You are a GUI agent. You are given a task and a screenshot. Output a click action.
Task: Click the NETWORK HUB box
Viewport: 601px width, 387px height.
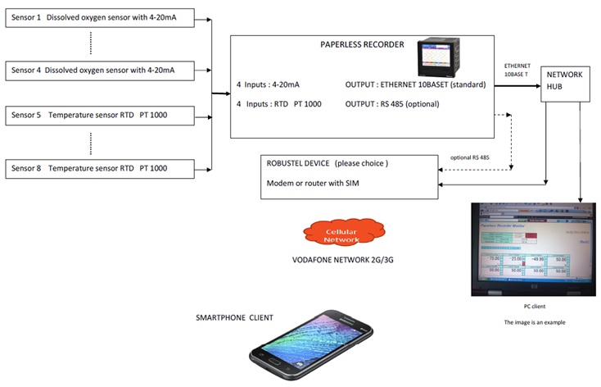pyautogui.click(x=564, y=84)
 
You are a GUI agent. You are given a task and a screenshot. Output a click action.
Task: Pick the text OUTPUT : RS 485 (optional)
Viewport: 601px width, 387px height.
pyautogui.click(x=392, y=104)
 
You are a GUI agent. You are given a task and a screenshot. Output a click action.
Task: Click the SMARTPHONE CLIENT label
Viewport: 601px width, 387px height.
pyautogui.click(x=234, y=317)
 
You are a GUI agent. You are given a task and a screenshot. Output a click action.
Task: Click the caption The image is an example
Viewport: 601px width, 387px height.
pyautogui.click(x=534, y=321)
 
